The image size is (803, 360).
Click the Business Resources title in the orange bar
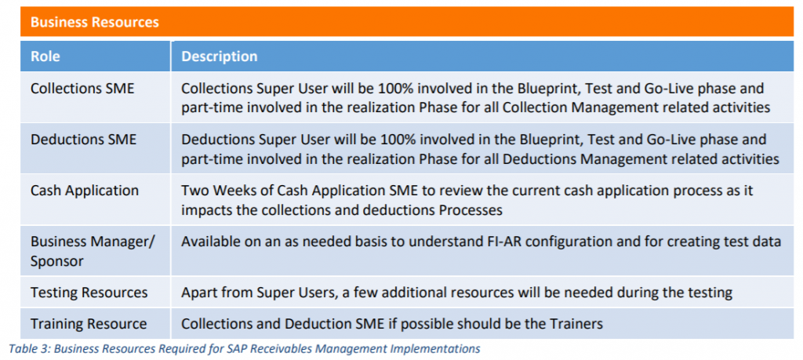tap(94, 22)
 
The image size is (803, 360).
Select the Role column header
tap(45, 56)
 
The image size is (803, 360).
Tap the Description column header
tap(219, 56)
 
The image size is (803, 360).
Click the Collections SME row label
tap(82, 89)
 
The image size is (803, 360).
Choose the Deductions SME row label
tap(83, 140)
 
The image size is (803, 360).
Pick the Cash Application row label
tap(85, 191)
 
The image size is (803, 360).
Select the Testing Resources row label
tap(89, 293)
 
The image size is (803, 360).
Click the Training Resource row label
tap(89, 323)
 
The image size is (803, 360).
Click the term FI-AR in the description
tap(536, 242)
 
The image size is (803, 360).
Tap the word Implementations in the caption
tap(439, 348)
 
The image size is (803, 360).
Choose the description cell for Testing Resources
tap(456, 293)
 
